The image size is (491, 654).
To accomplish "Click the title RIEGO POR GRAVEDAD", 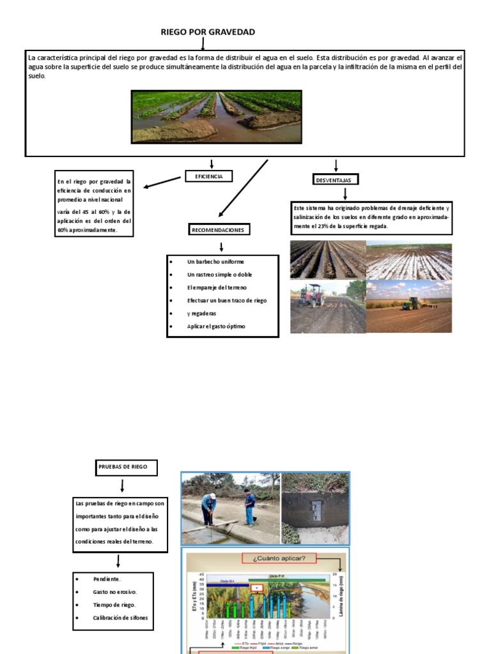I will point(208,32).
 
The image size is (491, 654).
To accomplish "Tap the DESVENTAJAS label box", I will point(336,179).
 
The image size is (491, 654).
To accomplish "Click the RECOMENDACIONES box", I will point(219,229).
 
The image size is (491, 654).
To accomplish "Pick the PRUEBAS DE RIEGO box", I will point(122,467).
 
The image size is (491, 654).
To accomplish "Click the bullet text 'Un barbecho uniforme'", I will point(215,262).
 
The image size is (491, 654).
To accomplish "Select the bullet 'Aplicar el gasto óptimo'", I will point(216,326).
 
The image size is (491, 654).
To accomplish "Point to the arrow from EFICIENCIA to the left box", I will point(162,183).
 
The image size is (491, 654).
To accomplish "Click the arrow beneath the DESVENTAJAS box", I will point(345,193).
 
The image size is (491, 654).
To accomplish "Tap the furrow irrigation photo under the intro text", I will point(216,116).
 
